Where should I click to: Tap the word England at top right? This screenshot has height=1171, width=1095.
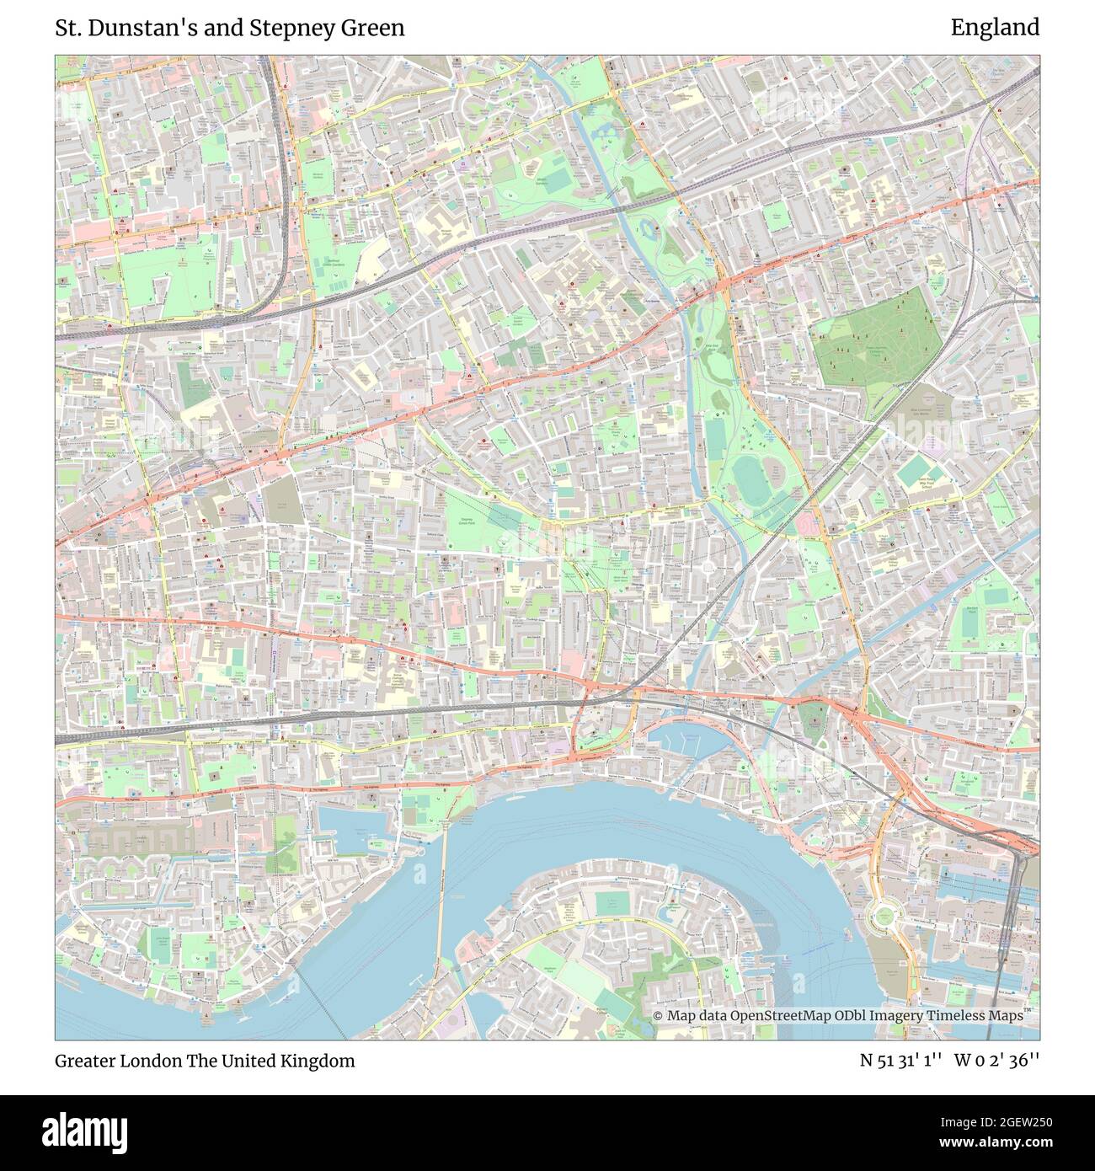(x=995, y=28)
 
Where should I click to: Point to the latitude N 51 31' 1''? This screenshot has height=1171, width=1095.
(x=900, y=1061)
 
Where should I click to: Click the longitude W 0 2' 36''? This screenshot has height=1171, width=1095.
(x=996, y=1061)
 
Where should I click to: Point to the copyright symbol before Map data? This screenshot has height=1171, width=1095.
(x=659, y=1016)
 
